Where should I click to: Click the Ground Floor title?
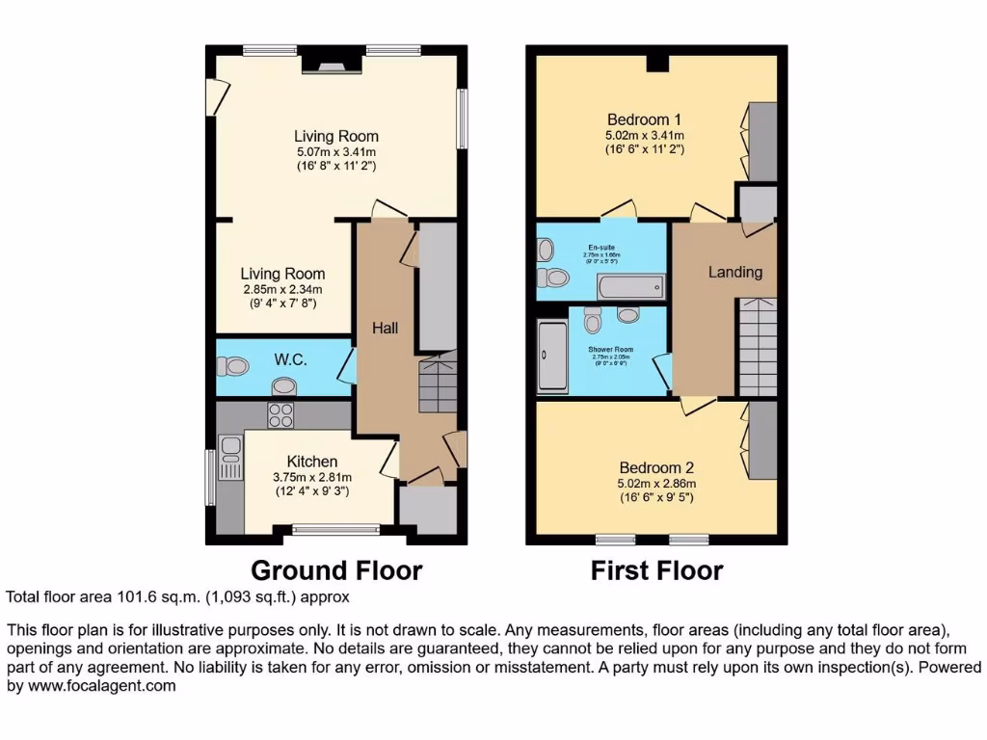(336, 570)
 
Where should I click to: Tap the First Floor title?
(656, 570)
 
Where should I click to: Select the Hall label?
(386, 329)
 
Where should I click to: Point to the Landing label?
(735, 273)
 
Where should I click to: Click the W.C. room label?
(290, 360)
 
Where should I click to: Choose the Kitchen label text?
(311, 462)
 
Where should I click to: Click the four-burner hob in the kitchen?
(280, 415)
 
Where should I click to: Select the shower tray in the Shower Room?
(553, 357)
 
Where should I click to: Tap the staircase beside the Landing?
(758, 347)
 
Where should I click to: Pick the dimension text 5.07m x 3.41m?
(335, 151)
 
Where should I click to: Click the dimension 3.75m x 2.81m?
(311, 477)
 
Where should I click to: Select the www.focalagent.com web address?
(92, 686)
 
